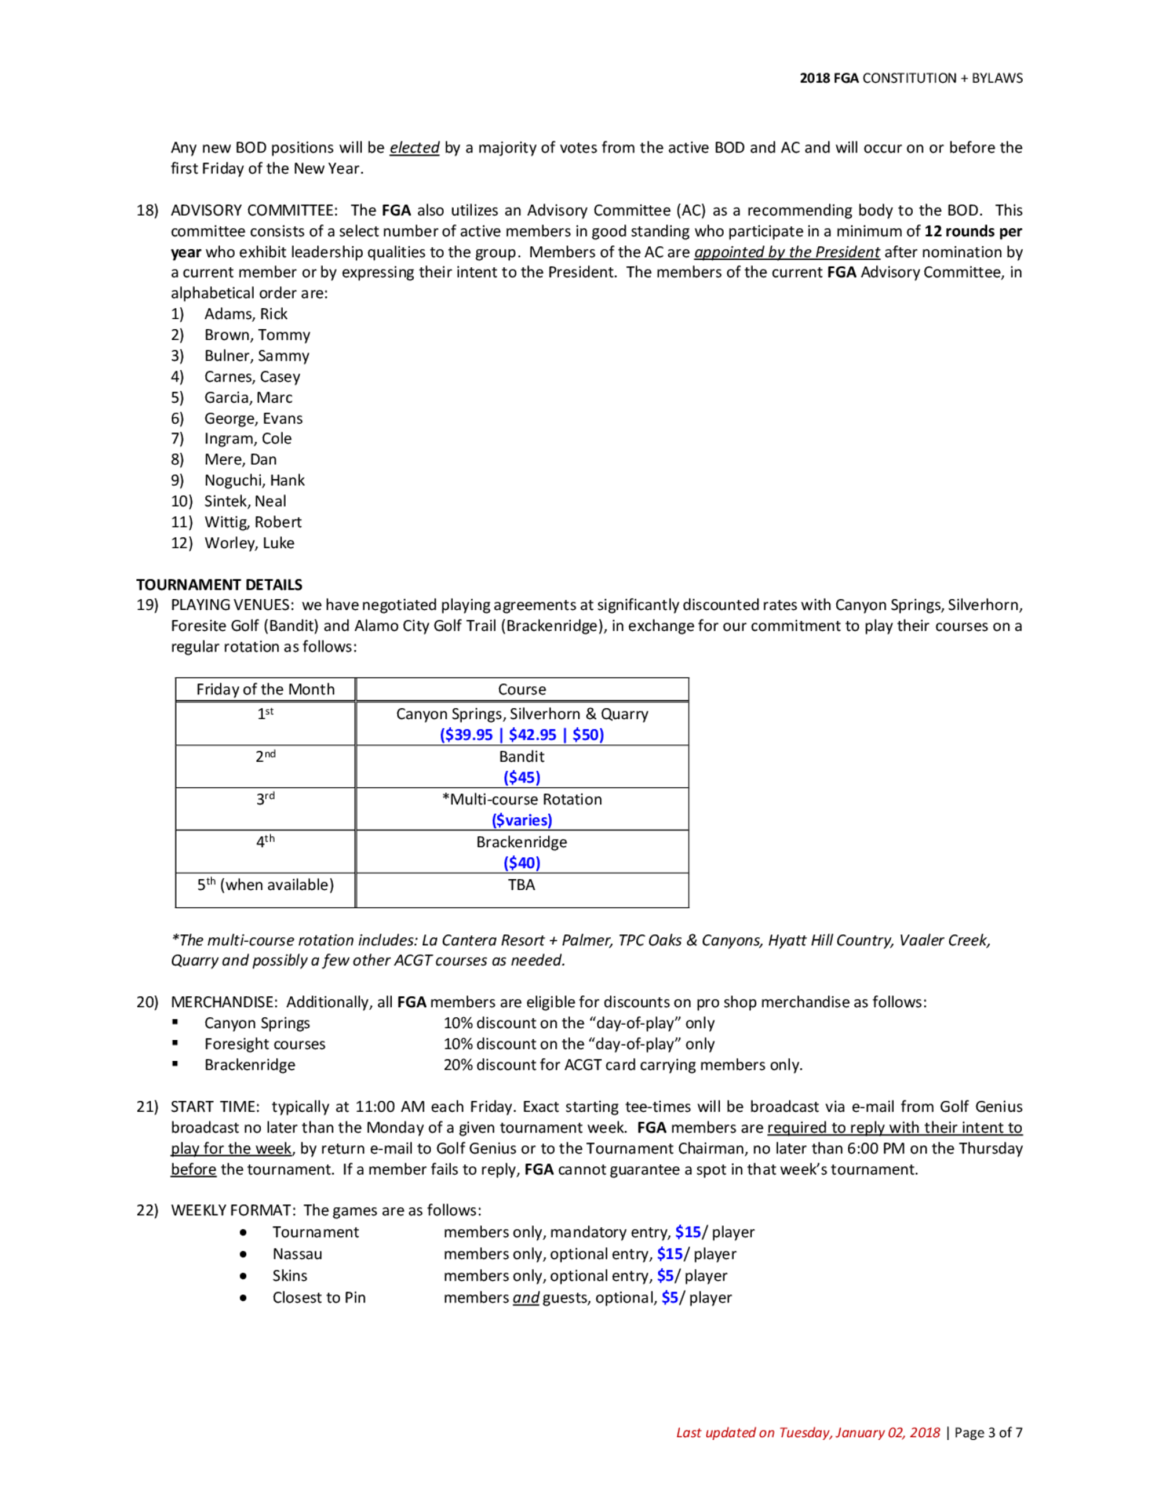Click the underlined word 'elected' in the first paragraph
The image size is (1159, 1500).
[x=414, y=148]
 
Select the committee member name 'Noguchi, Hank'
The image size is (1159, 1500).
[x=254, y=480]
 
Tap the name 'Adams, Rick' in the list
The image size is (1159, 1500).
[x=246, y=314]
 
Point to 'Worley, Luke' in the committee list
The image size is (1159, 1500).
[x=249, y=543]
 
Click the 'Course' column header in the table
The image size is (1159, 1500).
[x=522, y=689]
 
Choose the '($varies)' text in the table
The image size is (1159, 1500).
[x=522, y=820]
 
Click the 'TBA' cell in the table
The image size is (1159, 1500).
[x=521, y=884]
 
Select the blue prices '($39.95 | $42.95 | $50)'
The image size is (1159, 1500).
[x=522, y=735]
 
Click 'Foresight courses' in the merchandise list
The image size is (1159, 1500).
[x=264, y=1044]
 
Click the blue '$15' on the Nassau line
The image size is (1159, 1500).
[x=669, y=1254]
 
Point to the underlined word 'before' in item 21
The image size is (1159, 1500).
[x=193, y=1169]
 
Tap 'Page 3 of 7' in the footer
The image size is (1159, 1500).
[x=988, y=1433]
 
